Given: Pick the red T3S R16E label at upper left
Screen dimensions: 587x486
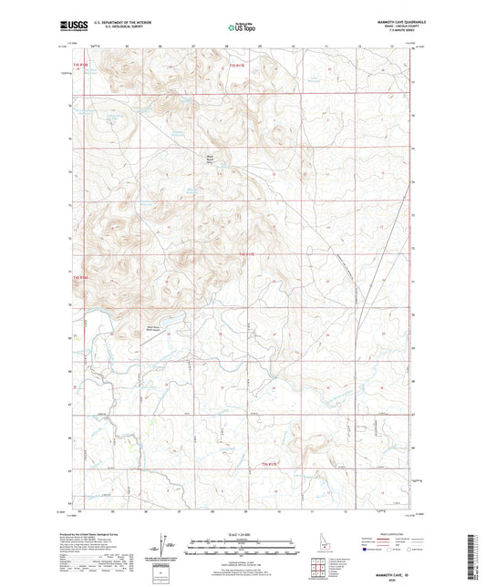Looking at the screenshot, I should point(80,66).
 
